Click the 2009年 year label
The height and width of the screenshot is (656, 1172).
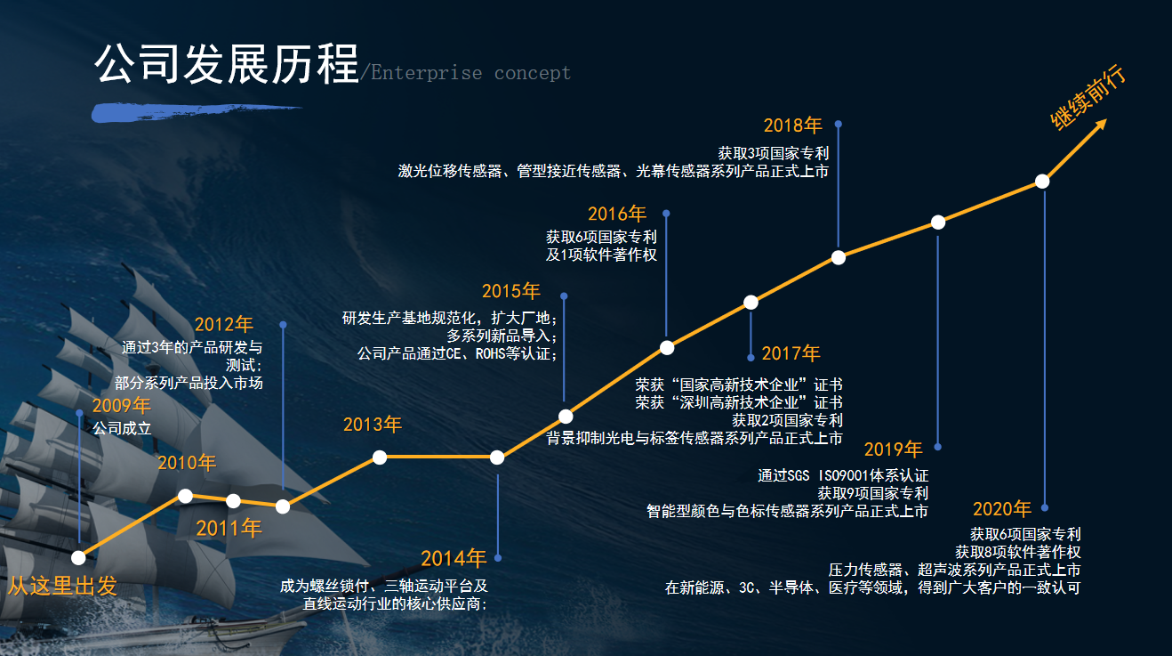tap(122, 406)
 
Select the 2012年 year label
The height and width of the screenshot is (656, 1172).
tap(224, 325)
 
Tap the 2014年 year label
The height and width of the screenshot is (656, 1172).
tap(454, 559)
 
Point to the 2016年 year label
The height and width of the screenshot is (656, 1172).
tap(617, 215)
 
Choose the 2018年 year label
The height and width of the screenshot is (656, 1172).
tap(792, 126)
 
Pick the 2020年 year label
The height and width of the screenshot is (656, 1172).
tap(1002, 509)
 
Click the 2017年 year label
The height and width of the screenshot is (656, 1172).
tap(791, 353)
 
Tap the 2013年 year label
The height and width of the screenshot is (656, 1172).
tap(373, 425)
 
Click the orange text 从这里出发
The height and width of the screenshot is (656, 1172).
tap(62, 586)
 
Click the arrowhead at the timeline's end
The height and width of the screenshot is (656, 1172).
tap(1101, 125)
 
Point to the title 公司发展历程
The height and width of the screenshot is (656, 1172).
tap(227, 64)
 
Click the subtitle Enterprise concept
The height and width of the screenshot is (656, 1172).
tap(470, 73)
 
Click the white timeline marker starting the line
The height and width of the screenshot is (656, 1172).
tap(78, 558)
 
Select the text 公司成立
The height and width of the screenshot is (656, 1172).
tap(122, 429)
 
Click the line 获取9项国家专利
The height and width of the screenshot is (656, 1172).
tap(872, 493)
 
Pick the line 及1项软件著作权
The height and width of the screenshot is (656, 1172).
tap(601, 255)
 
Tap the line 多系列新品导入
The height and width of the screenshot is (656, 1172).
tap(502, 336)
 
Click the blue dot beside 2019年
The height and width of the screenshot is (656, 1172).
tap(937, 447)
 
